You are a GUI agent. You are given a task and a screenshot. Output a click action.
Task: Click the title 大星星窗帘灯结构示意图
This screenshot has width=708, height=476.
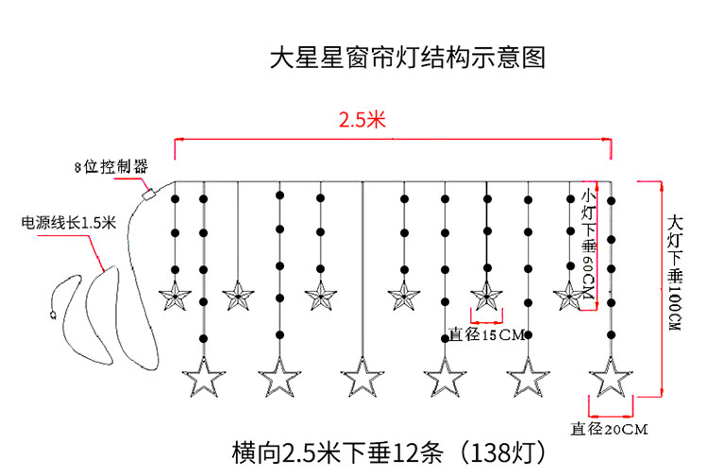coord(407,59)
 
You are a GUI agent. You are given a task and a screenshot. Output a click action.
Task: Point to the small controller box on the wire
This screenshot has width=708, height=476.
coord(148,195)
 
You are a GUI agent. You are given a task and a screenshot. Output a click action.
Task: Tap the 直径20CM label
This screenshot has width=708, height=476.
coord(610,430)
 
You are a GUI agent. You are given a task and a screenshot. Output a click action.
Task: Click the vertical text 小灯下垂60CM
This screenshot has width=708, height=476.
coord(589,245)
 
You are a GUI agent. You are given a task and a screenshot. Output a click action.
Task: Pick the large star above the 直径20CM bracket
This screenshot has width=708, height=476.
coord(612,379)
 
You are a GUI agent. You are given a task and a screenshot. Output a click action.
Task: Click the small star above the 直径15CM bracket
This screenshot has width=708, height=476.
coord(486,297)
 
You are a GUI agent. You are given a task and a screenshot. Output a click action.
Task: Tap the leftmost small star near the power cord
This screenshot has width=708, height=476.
coord(175,297)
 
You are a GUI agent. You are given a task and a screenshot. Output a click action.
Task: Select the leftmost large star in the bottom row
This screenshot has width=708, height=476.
coord(203,379)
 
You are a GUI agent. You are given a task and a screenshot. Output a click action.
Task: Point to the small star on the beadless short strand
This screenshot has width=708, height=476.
coord(238,297)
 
